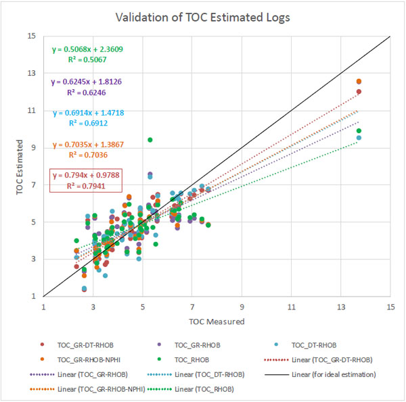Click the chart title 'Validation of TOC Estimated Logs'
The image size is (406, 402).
[202, 16]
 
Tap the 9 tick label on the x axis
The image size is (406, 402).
[242, 305]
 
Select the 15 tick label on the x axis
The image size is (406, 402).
[390, 305]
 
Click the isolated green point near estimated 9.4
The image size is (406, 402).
[150, 140]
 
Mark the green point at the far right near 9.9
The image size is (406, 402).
[359, 131]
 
